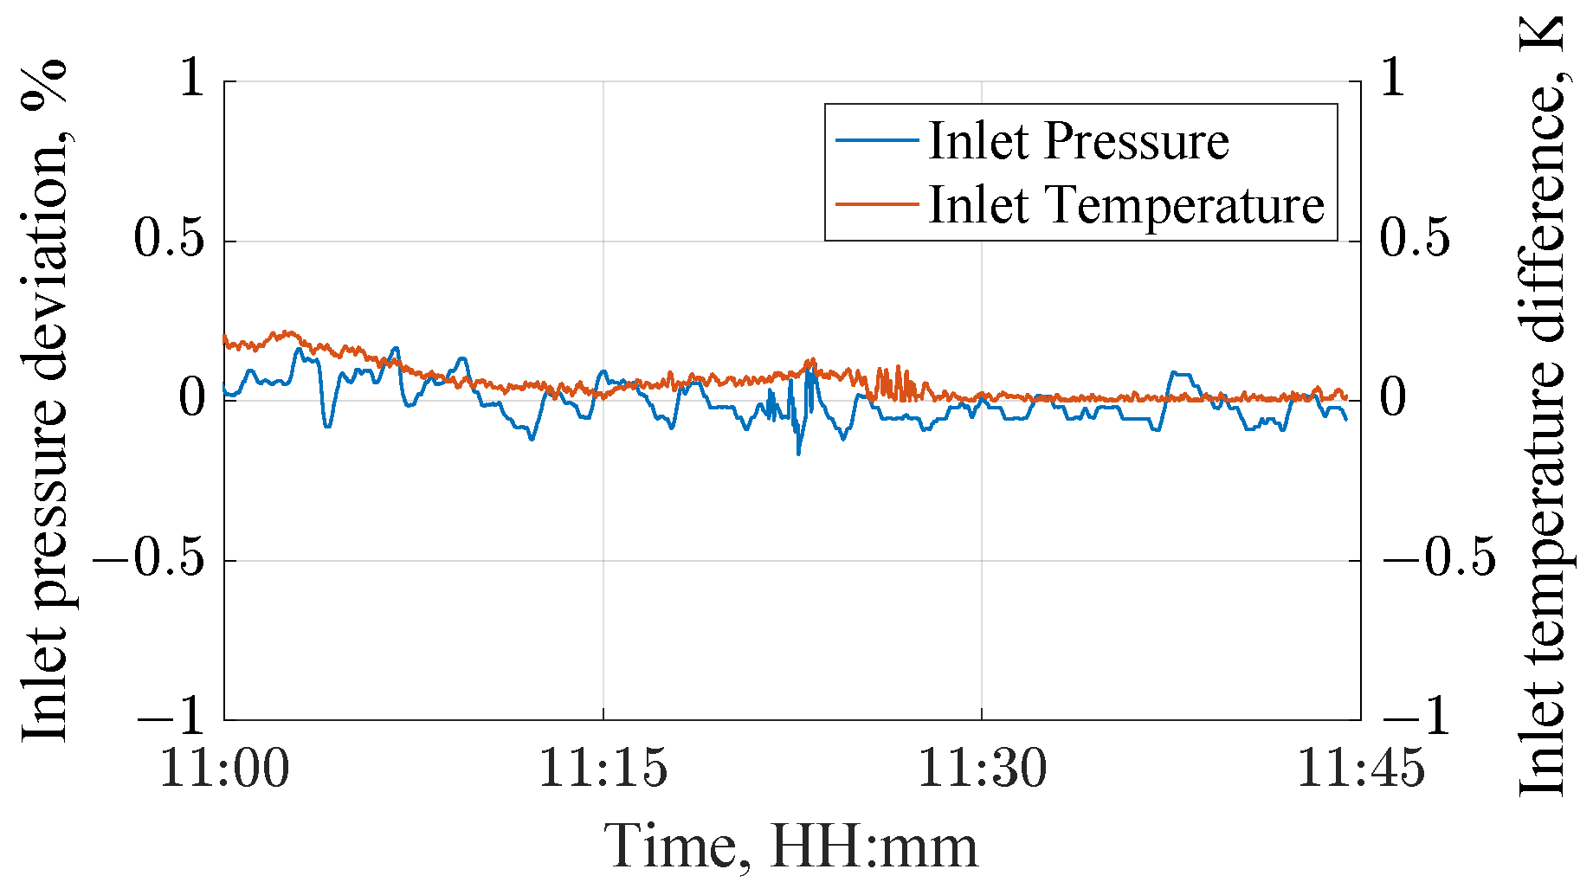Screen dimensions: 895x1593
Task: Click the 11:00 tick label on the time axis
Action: [x=224, y=767]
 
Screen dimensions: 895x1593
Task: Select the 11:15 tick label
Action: [x=603, y=767]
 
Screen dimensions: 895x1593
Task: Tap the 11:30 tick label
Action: [x=981, y=767]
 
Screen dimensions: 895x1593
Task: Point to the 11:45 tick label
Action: [x=1359, y=767]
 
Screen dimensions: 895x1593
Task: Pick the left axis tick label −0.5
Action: [x=148, y=558]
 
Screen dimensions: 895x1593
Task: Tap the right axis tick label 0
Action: [x=1393, y=398]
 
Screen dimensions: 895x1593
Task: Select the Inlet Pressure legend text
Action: [x=1078, y=140]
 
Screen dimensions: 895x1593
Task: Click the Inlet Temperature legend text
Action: [x=1125, y=205]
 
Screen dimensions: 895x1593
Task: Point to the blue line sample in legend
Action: [x=875, y=140]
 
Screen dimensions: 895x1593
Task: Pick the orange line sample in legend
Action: [x=875, y=205]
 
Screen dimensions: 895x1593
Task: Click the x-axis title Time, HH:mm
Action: [x=790, y=847]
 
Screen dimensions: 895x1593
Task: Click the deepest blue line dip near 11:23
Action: [x=798, y=453]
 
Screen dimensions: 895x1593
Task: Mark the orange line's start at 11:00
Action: [x=225, y=337]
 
